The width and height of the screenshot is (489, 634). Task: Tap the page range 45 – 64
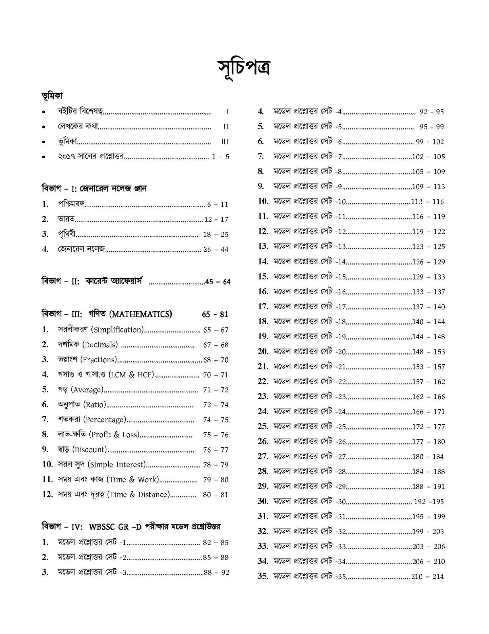coord(218,282)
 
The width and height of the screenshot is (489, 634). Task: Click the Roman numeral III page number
coord(225,142)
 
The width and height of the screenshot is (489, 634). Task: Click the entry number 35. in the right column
coord(263,576)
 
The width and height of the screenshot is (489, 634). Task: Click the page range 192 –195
coord(429,502)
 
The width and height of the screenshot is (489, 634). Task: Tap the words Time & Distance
coord(139,494)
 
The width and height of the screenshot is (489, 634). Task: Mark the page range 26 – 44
coord(216,249)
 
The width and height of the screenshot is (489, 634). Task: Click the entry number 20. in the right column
coord(263,351)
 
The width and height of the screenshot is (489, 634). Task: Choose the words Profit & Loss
coord(114,434)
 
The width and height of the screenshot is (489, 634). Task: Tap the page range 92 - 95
coord(431,112)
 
